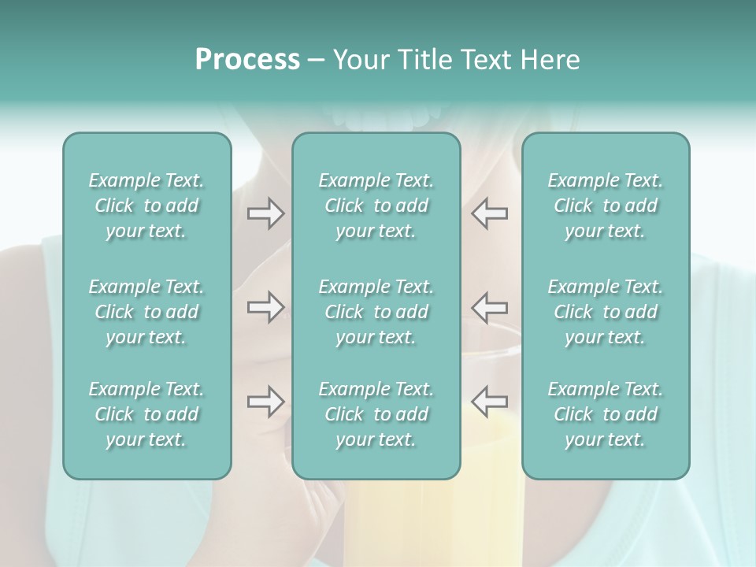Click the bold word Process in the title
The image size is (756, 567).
247,60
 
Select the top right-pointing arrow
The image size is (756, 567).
265,213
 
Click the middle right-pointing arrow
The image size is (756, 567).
265,307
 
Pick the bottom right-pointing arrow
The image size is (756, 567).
265,402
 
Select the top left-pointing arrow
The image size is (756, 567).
490,213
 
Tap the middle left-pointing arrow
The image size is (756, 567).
490,307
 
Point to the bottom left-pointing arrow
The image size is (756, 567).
490,402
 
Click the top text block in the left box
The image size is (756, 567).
146,206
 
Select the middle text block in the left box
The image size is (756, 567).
146,312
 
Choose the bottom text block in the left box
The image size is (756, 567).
146,414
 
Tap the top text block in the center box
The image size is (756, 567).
376,206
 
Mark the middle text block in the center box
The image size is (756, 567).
376,312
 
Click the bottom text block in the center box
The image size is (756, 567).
376,414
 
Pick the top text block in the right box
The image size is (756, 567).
605,206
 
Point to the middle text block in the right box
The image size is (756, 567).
605,312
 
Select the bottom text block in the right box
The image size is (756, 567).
605,414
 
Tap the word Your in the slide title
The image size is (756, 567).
358,60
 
